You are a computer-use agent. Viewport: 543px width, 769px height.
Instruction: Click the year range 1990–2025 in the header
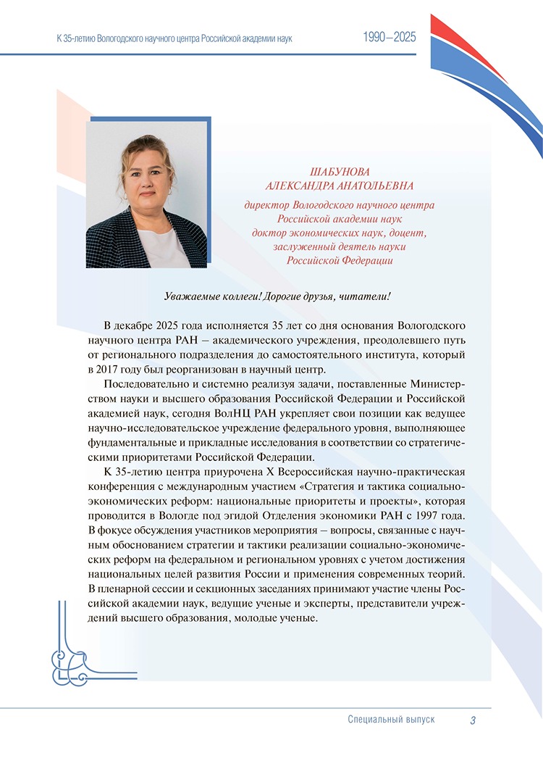[390, 38]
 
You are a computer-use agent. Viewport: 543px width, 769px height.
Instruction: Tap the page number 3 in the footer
[472, 720]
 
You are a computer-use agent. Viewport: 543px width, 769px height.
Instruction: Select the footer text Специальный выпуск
[391, 720]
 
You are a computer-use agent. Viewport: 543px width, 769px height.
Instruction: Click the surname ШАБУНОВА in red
[340, 172]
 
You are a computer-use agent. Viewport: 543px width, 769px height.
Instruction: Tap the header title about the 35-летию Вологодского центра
[174, 38]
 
